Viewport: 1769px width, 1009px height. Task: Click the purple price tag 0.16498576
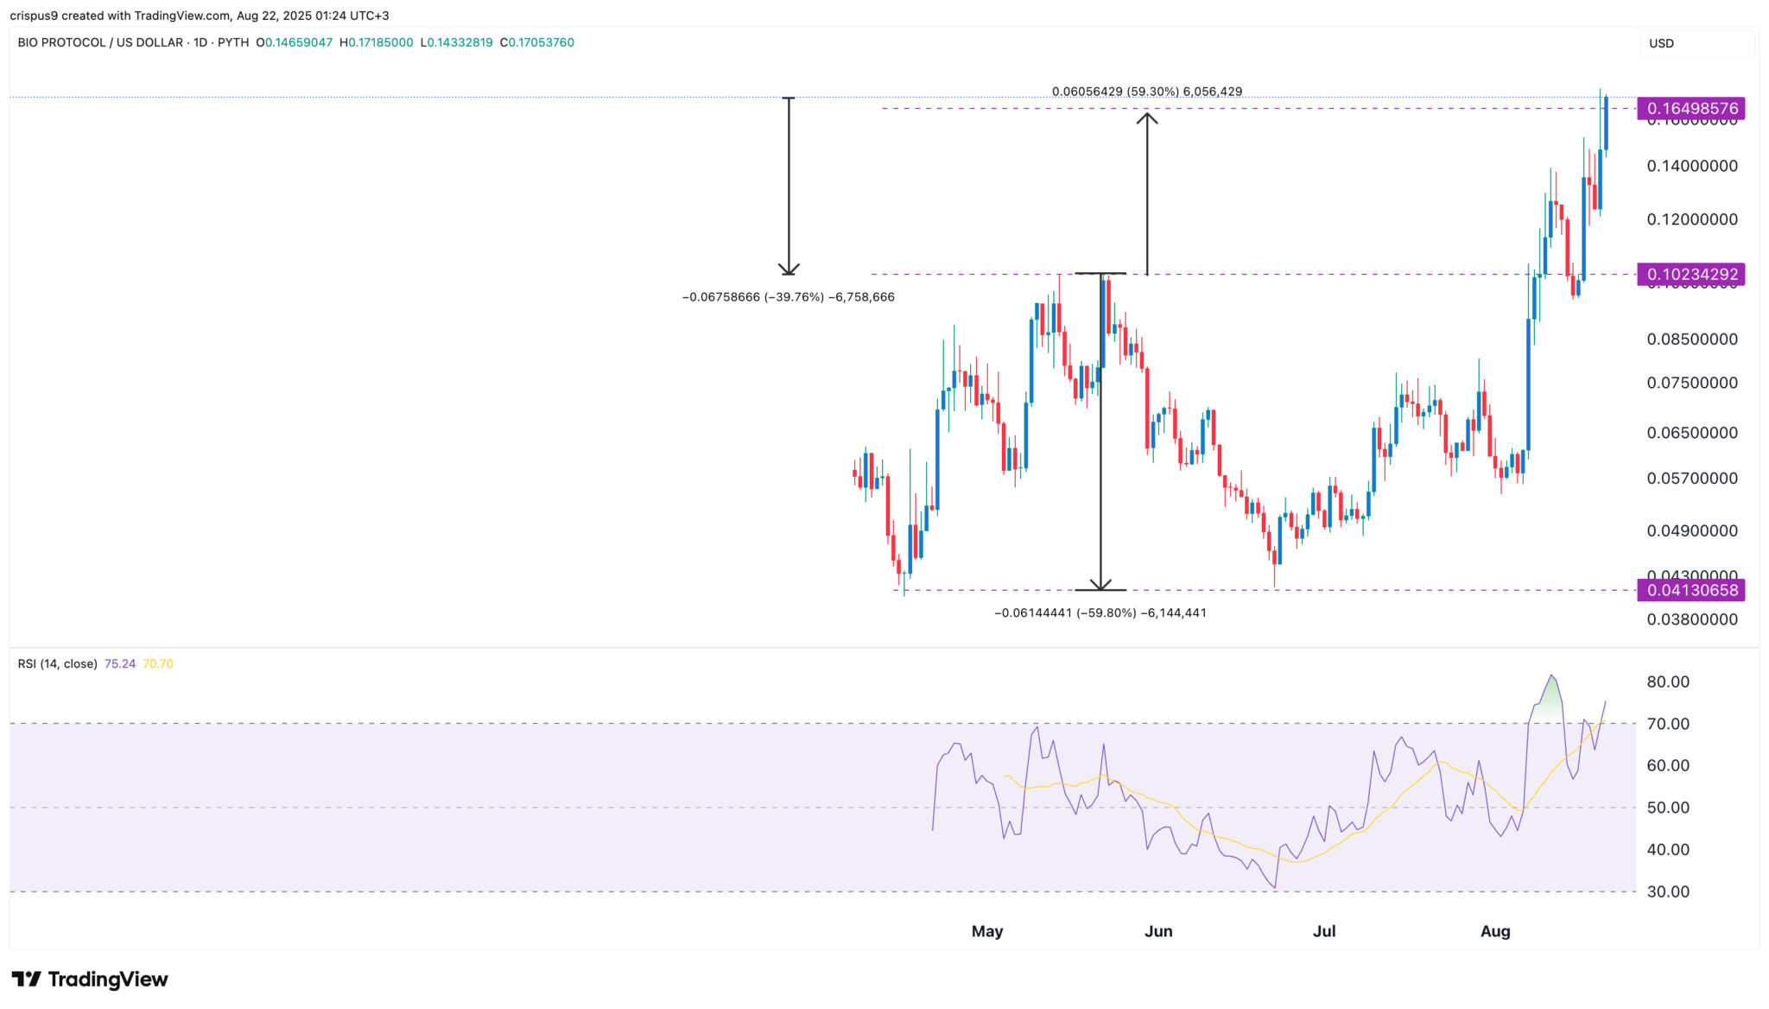pyautogui.click(x=1691, y=109)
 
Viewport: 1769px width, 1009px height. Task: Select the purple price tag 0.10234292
pyautogui.click(x=1691, y=275)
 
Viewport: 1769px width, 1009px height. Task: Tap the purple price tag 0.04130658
pyautogui.click(x=1691, y=591)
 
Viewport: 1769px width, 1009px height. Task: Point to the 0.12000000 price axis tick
pyautogui.click(x=1692, y=219)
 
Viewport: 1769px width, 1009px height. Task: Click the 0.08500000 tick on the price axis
pyautogui.click(x=1692, y=340)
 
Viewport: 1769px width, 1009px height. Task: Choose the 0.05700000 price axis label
pyautogui.click(x=1692, y=479)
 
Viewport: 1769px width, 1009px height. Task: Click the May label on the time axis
pyautogui.click(x=987, y=931)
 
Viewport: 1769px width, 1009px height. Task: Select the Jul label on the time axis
pyautogui.click(x=1324, y=931)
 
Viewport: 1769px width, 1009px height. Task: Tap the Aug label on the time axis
pyautogui.click(x=1495, y=931)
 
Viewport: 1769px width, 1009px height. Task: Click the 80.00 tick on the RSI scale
pyautogui.click(x=1668, y=682)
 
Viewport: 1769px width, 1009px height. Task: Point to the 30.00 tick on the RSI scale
pyautogui.click(x=1668, y=892)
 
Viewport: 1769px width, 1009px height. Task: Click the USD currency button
pyautogui.click(x=1662, y=43)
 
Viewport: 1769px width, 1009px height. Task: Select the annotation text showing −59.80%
pyautogui.click(x=1100, y=613)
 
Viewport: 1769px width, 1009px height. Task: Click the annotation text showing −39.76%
pyautogui.click(x=788, y=297)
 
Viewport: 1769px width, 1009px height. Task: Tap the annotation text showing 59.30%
pyautogui.click(x=1147, y=92)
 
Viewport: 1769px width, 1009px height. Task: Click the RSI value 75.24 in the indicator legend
pyautogui.click(x=120, y=664)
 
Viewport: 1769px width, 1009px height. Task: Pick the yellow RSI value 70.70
pyautogui.click(x=158, y=664)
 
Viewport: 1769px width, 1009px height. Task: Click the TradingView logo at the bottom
pyautogui.click(x=90, y=980)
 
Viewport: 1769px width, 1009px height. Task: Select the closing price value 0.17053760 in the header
pyautogui.click(x=541, y=42)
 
